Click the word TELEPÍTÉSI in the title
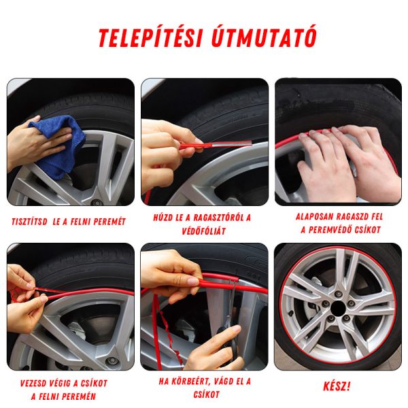[x=150, y=37]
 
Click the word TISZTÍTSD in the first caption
[x=29, y=222]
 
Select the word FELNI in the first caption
[x=80, y=222]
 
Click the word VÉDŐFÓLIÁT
[x=204, y=231]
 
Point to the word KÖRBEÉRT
[x=190, y=381]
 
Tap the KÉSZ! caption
[x=337, y=386]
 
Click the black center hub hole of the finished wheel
[x=338, y=309]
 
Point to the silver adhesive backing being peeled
[x=232, y=143]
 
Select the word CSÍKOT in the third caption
[x=368, y=230]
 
